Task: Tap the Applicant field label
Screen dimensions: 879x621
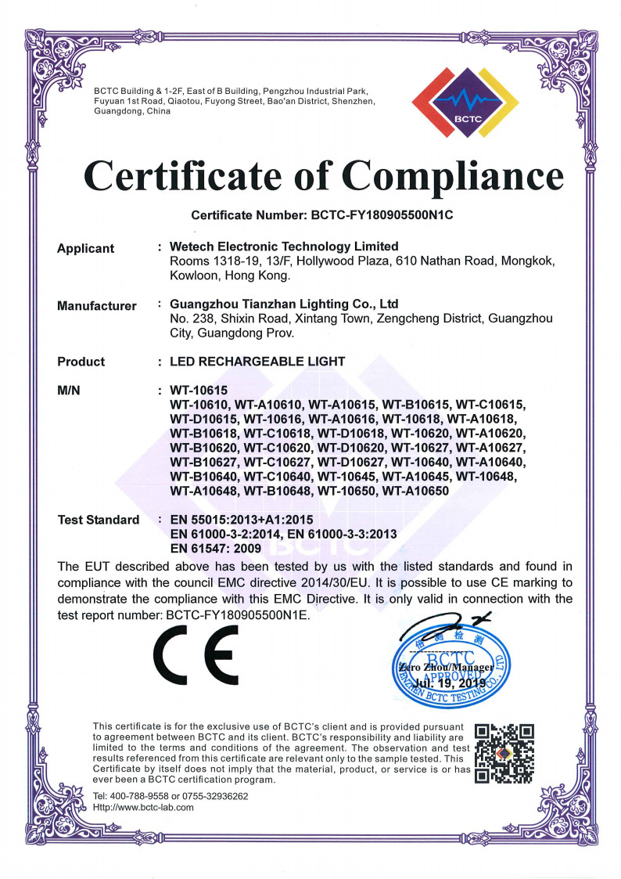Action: click(x=85, y=248)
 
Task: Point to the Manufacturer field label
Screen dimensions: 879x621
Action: click(x=96, y=306)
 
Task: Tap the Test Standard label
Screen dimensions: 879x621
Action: click(x=99, y=520)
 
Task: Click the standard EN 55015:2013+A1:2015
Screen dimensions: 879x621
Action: click(x=242, y=520)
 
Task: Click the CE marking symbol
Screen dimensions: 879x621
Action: click(x=196, y=654)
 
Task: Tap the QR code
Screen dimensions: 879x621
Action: click(x=505, y=754)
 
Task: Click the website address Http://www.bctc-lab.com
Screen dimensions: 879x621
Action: click(x=143, y=807)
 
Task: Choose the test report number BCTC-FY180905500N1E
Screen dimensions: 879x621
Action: click(x=238, y=615)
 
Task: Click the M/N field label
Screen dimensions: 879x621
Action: click(x=70, y=391)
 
